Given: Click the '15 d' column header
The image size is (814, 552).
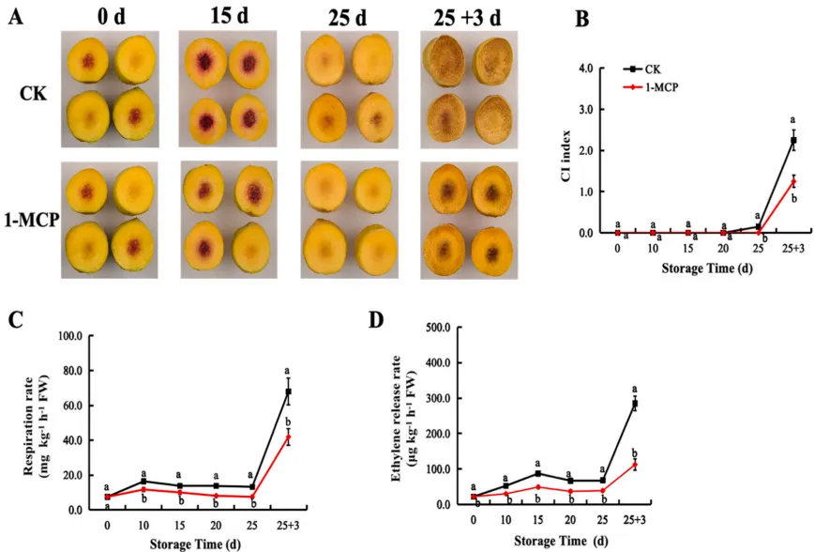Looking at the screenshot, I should [229, 16].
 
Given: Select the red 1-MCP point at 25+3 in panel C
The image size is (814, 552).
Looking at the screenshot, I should [288, 437].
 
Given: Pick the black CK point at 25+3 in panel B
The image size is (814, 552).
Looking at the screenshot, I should [793, 141].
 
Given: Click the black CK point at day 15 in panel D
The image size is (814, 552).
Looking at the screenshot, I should [538, 462].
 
